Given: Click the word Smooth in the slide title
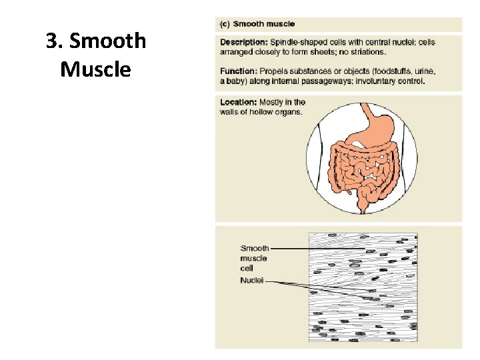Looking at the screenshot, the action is point(107,41).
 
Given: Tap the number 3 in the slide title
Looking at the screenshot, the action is point(51,41).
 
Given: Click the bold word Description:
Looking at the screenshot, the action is point(243,42).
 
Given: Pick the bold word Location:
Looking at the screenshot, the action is point(238,102).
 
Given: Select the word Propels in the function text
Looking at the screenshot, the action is point(275,71).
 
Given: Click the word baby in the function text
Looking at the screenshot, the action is point(237,82).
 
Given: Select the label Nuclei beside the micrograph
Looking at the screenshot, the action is point(252,281).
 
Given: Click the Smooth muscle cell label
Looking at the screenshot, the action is point(254,258).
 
